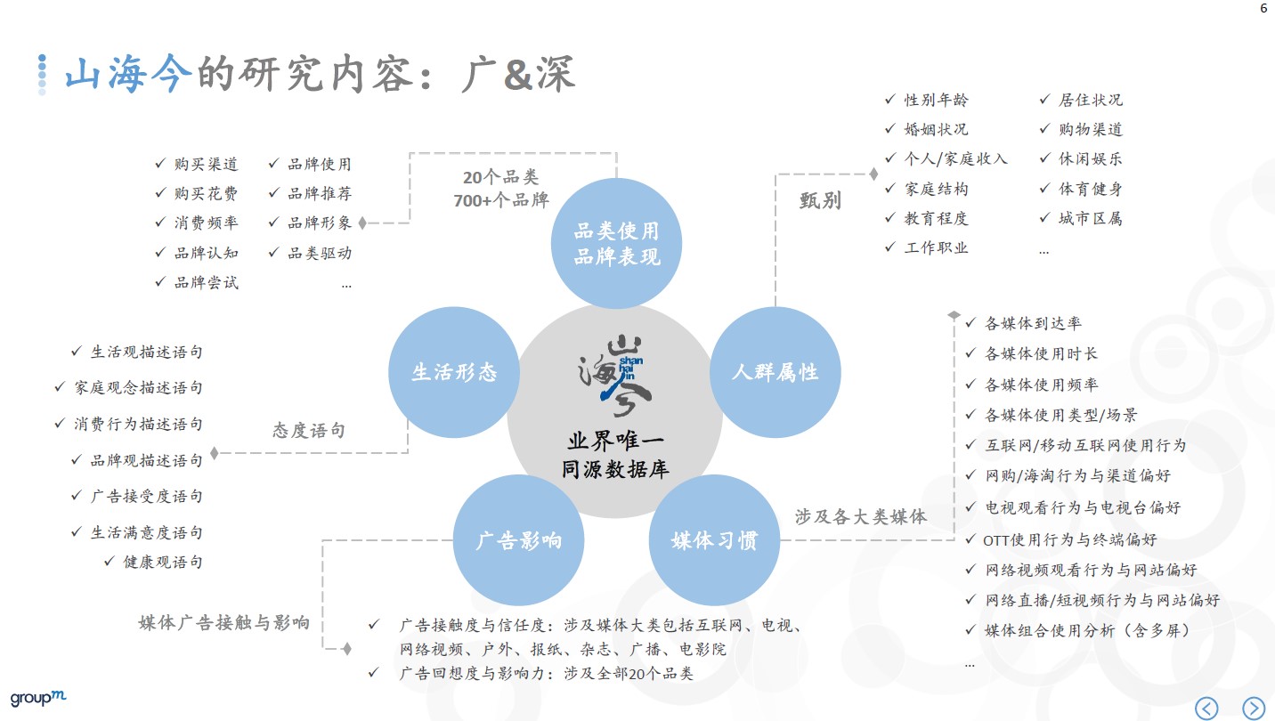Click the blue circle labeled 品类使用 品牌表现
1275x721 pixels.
[616, 243]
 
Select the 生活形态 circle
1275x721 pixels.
[453, 372]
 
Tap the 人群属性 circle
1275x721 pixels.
[775, 372]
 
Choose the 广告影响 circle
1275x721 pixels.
[518, 539]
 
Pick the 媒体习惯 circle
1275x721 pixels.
[714, 539]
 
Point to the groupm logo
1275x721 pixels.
[38, 698]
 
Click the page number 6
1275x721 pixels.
[1263, 9]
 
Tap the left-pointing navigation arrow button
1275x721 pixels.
[1206, 708]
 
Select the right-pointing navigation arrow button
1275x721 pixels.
[1253, 708]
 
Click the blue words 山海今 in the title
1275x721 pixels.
[128, 76]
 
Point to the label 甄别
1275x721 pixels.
[820, 200]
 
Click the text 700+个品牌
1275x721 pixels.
[501, 200]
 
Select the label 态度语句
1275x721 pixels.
[308, 431]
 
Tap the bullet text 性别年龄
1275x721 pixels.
[936, 100]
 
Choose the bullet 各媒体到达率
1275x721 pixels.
[1033, 323]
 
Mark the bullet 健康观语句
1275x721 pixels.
[163, 562]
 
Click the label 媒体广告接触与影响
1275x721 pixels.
[224, 622]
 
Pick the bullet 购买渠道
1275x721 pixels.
[206, 164]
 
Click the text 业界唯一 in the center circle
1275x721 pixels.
[615, 442]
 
